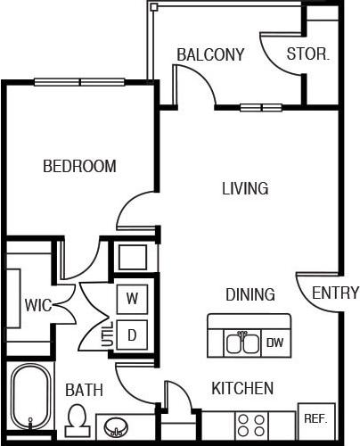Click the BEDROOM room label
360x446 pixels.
click(x=80, y=166)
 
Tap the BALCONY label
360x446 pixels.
click(x=210, y=54)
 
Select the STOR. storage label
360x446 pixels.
click(x=308, y=54)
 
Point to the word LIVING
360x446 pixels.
click(x=245, y=188)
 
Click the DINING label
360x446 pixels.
click(x=250, y=294)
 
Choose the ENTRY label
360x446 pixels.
click(x=336, y=293)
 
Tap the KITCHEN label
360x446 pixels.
click(x=242, y=389)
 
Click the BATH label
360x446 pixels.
click(x=84, y=390)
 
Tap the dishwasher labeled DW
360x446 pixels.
click(x=275, y=343)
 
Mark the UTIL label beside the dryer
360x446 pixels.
click(x=108, y=336)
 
